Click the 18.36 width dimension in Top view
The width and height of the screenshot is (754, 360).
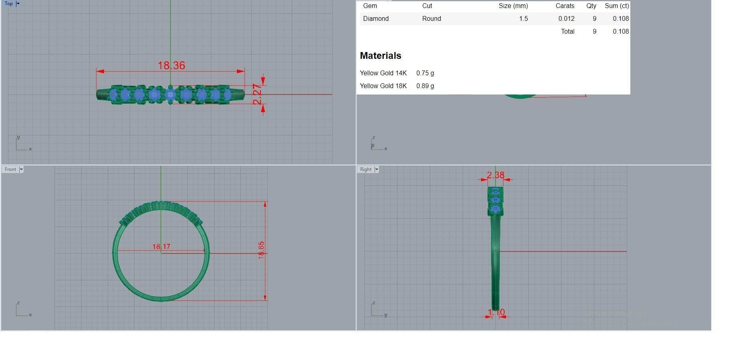[x=171, y=65]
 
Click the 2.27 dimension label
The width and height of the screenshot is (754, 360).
[x=257, y=95]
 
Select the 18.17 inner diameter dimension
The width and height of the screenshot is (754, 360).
[x=161, y=247]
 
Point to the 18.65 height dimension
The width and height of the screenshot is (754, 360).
[x=261, y=250]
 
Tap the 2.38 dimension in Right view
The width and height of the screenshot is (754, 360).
[x=495, y=175]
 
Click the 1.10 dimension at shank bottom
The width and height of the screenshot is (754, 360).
[x=496, y=312]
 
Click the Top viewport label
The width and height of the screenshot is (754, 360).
[x=9, y=4]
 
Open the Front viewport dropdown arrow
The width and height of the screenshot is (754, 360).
[x=21, y=169]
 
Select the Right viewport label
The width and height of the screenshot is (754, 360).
[x=365, y=169]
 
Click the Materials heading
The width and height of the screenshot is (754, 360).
[x=380, y=56]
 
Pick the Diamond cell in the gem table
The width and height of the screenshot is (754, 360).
[x=375, y=19]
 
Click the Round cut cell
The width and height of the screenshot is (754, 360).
[x=431, y=19]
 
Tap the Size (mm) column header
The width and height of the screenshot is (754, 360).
[x=513, y=6]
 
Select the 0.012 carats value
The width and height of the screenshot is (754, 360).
[x=566, y=19]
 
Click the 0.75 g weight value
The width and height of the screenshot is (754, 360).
[x=425, y=73]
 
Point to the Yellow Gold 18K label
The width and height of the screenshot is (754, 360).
[x=383, y=86]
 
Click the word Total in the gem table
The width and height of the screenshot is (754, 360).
[x=568, y=32]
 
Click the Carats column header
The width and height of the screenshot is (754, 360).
[x=565, y=6]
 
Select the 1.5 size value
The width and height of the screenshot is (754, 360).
[x=523, y=19]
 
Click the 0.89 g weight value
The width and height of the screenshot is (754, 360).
[x=425, y=86]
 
